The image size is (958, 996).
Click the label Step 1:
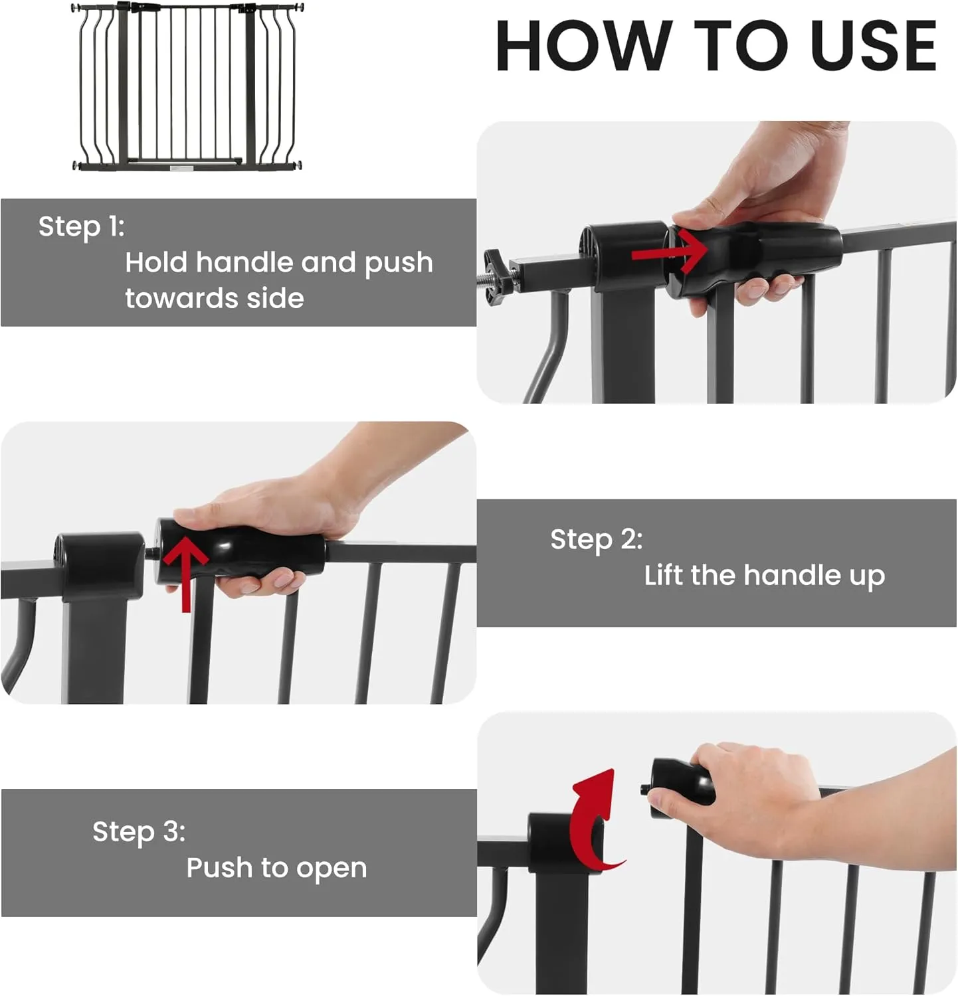click(82, 226)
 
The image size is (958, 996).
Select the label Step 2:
click(597, 539)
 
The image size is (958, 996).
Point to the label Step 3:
click(139, 831)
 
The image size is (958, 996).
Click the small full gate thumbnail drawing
click(187, 86)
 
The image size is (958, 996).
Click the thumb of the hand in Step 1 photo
click(701, 217)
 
